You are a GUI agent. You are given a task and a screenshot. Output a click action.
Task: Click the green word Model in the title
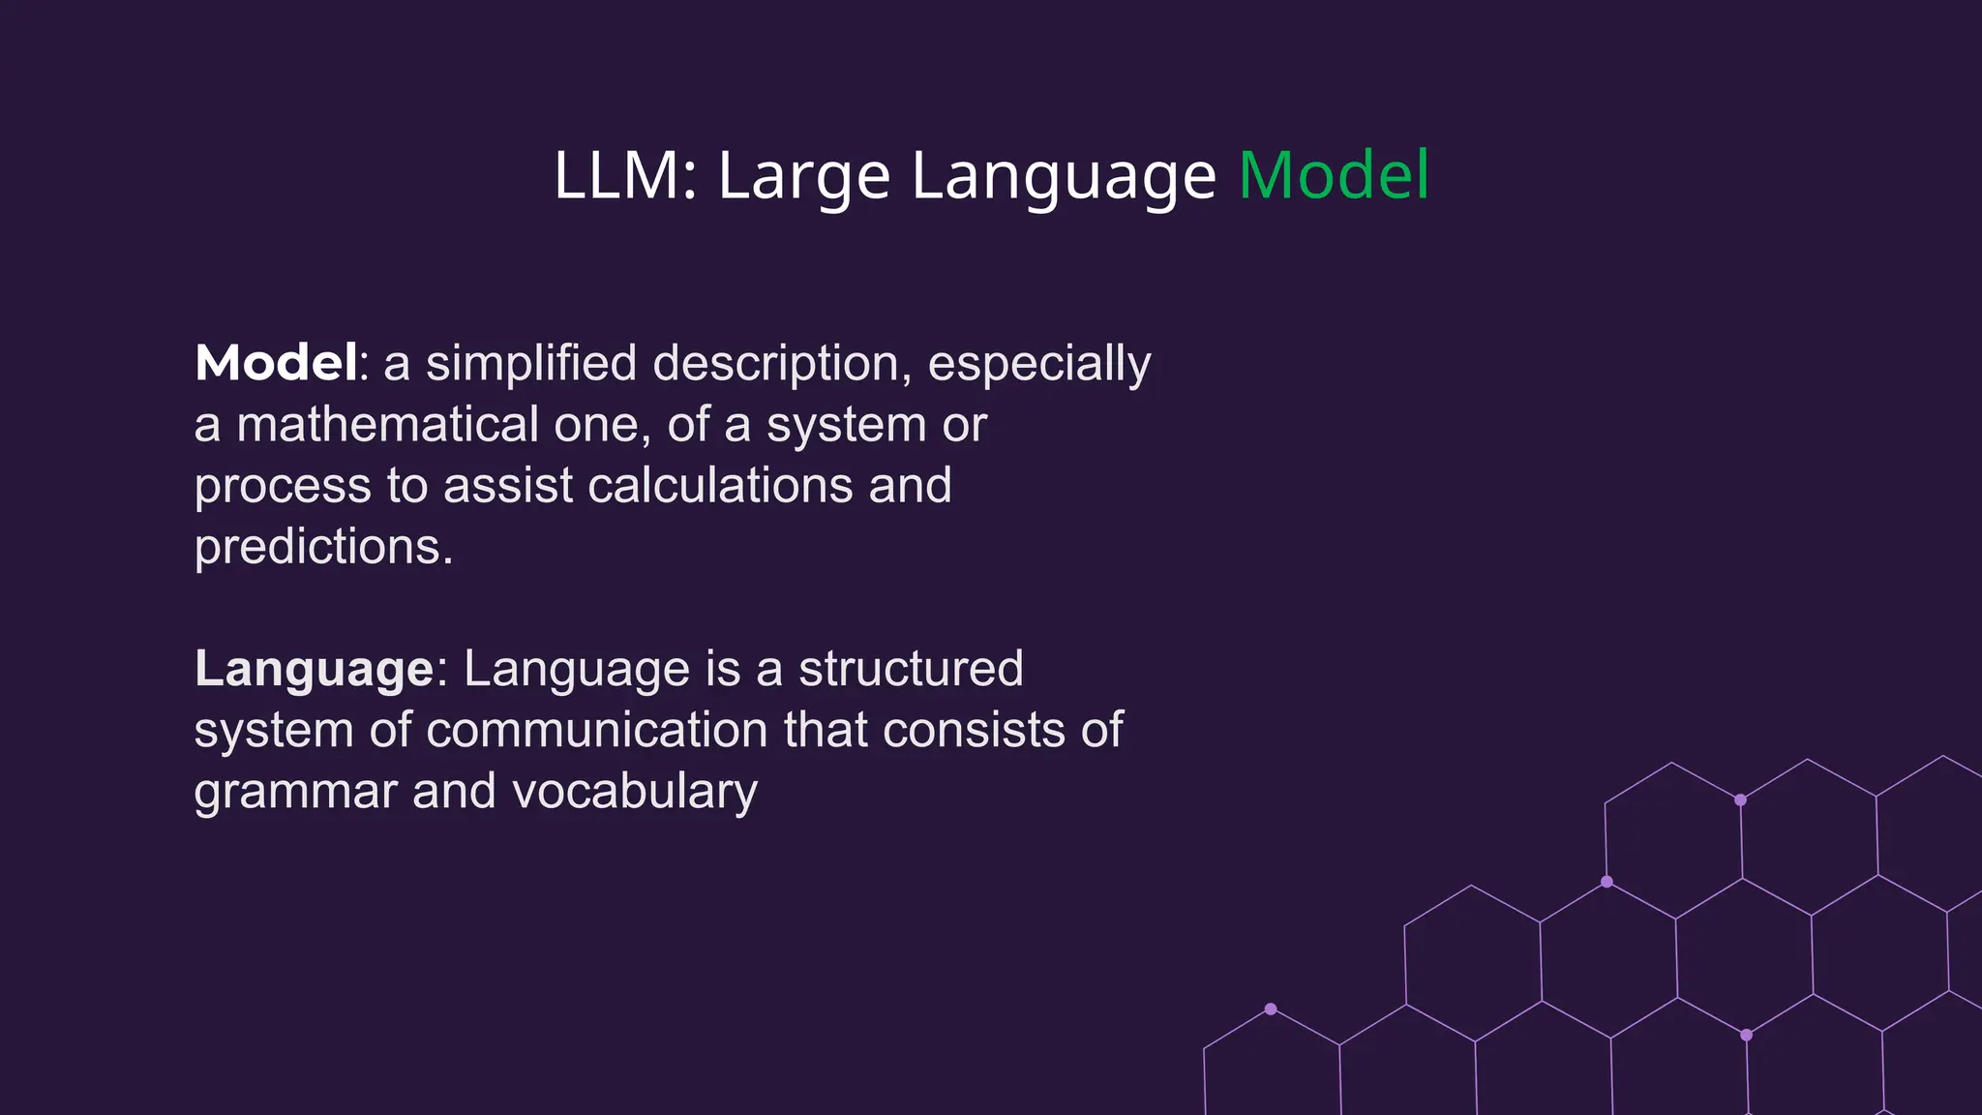[x=1333, y=176]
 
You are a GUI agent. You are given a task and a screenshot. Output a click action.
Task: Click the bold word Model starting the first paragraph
[x=276, y=363]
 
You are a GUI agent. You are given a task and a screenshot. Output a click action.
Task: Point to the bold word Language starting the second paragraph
[x=314, y=670]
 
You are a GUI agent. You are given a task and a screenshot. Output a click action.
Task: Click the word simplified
[x=530, y=364]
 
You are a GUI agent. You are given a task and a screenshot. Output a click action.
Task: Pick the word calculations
[x=720, y=486]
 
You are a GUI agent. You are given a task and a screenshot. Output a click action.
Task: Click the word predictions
[x=323, y=548]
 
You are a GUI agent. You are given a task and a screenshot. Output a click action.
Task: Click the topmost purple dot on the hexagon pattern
[x=1740, y=799]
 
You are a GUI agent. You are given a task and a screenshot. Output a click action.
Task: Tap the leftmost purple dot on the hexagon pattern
[x=1271, y=1009]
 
